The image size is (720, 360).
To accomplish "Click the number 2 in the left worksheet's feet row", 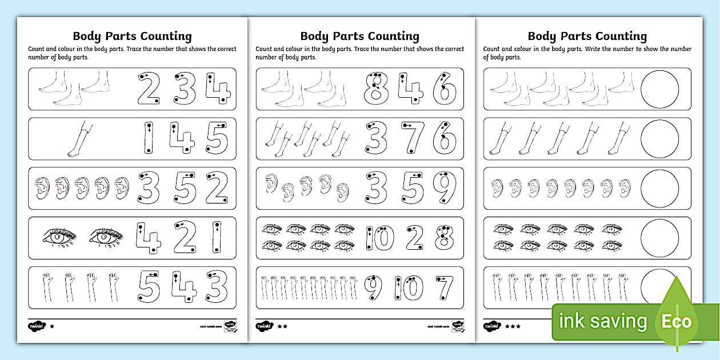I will [x=149, y=90].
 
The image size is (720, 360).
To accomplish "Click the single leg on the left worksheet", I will [x=78, y=139].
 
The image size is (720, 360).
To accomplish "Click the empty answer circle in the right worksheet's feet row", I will [x=659, y=90].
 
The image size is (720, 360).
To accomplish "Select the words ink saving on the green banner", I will [x=603, y=321].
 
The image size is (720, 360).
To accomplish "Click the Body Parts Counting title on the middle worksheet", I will [x=359, y=36].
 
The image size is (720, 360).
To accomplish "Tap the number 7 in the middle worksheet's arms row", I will [x=443, y=287].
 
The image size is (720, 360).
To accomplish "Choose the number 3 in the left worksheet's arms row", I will [x=217, y=286].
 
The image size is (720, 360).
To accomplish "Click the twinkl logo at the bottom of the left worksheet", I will [x=35, y=326].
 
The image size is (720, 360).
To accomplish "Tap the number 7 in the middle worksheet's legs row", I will [x=411, y=138].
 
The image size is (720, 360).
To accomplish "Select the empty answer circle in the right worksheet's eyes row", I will [x=659, y=237].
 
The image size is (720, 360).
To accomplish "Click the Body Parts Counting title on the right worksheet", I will [x=587, y=36].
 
